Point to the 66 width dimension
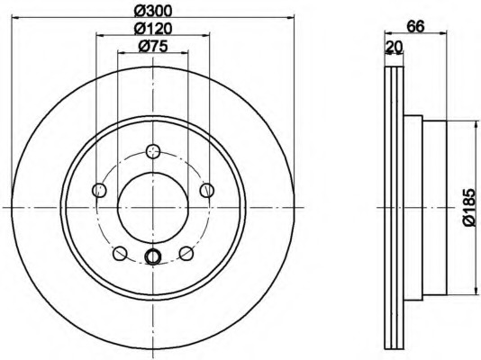(416, 26)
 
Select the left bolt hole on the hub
(99, 189)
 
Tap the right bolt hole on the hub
(207, 189)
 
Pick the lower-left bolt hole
(120, 253)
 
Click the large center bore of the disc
(153, 207)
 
